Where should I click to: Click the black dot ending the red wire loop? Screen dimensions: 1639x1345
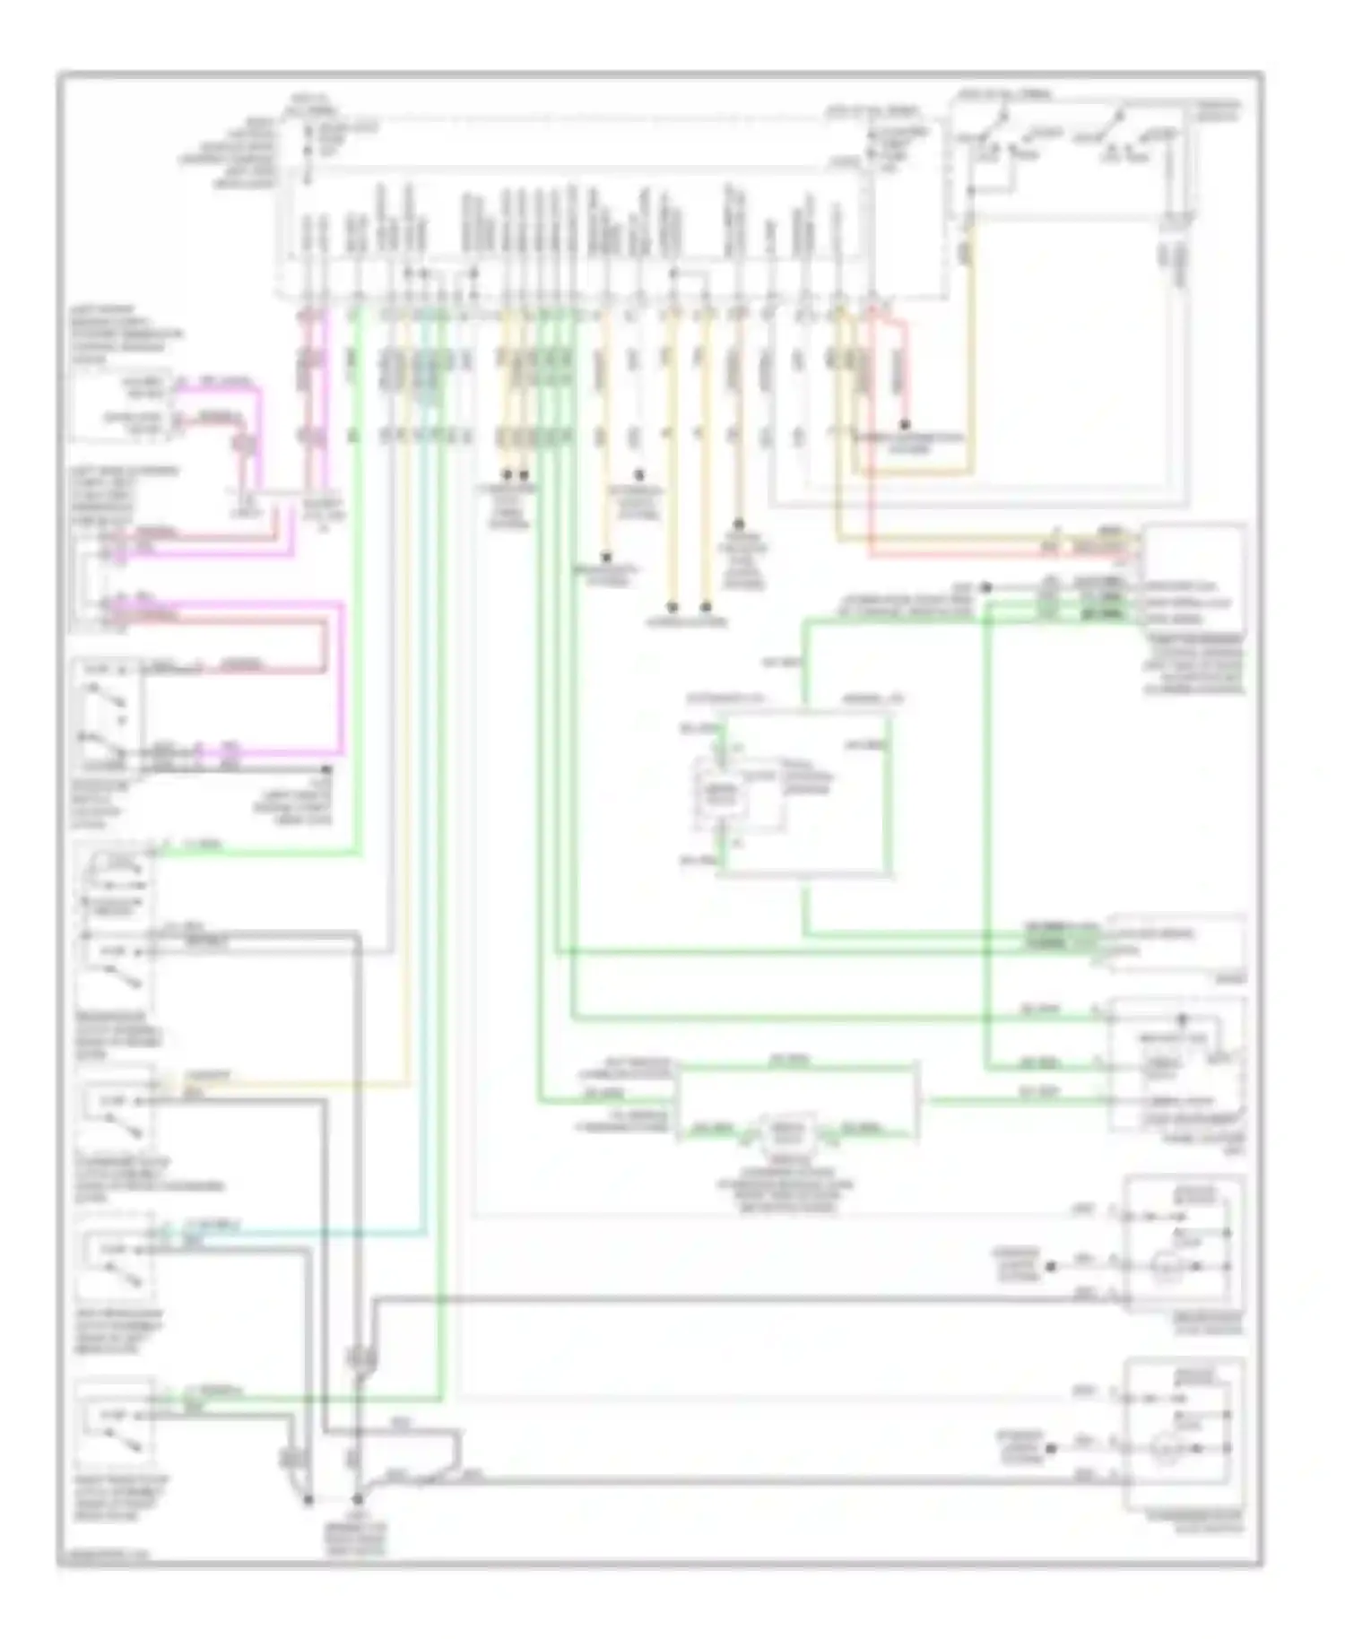[x=905, y=424]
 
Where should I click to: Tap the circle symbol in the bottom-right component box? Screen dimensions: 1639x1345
[x=1164, y=1448]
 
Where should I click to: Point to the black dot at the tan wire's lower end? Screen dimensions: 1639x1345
[x=739, y=524]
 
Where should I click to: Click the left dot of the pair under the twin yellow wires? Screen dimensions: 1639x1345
[x=507, y=473]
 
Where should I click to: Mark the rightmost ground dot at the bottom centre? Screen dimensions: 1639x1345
[x=357, y=1499]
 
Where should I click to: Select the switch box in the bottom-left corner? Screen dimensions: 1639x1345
[x=115, y=1427]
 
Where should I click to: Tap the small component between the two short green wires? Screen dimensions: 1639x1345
[x=787, y=1135]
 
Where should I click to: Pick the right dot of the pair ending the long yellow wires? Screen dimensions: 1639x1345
[x=706, y=606]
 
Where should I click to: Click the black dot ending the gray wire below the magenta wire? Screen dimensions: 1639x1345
[x=327, y=769]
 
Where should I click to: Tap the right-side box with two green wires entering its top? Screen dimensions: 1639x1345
[x=1176, y=946]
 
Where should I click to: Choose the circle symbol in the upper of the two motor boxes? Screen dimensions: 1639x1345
[x=1164, y=1267]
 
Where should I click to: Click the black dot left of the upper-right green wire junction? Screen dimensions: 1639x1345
[x=985, y=587]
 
